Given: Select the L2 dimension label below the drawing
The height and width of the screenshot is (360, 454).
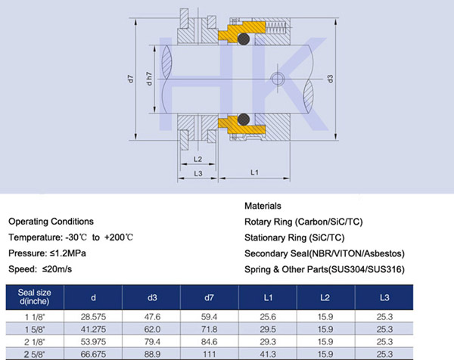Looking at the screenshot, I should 197,159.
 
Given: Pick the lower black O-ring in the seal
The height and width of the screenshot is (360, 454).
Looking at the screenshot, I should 244,119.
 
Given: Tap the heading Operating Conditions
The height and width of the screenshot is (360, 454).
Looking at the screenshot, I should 51,222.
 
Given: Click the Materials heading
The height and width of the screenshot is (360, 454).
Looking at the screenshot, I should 263,206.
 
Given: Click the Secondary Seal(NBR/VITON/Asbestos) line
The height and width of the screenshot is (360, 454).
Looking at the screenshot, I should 324,253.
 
